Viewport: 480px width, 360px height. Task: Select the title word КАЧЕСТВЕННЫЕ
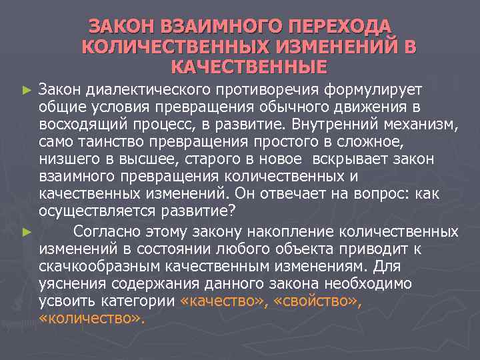(x=249, y=67)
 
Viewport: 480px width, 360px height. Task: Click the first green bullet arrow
(x=26, y=88)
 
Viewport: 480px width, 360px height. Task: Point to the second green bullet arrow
(x=26, y=232)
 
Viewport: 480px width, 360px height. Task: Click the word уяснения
(x=69, y=283)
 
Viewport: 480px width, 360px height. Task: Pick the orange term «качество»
(x=218, y=301)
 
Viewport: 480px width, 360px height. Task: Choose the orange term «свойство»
(x=311, y=301)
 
